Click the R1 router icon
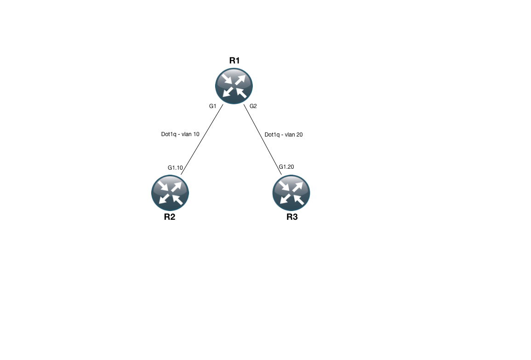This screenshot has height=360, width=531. point(234,86)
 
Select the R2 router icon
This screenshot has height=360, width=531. point(170,193)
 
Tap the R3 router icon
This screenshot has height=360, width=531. point(291,193)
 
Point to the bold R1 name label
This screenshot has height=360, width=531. point(234,60)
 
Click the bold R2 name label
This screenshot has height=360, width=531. point(170,217)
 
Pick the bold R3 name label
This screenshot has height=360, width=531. point(292,217)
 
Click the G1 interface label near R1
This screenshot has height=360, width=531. point(212,106)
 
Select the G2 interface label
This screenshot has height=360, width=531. point(253,106)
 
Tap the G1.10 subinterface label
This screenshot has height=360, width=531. point(175,168)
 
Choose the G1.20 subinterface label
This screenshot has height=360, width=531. point(286,166)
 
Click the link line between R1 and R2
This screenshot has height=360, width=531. point(202,139)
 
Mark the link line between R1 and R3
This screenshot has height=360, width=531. point(262,139)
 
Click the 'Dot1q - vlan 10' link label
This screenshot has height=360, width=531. point(180,135)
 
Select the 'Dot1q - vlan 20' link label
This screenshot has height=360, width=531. point(284,135)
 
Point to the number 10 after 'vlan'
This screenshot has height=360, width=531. point(196,135)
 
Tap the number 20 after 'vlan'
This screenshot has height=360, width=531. point(299,135)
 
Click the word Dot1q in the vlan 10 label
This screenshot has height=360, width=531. point(169,135)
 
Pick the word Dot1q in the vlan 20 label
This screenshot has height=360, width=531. point(272,135)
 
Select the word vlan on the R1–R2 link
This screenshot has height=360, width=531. point(187,135)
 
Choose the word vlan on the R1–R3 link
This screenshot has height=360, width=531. point(290,135)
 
